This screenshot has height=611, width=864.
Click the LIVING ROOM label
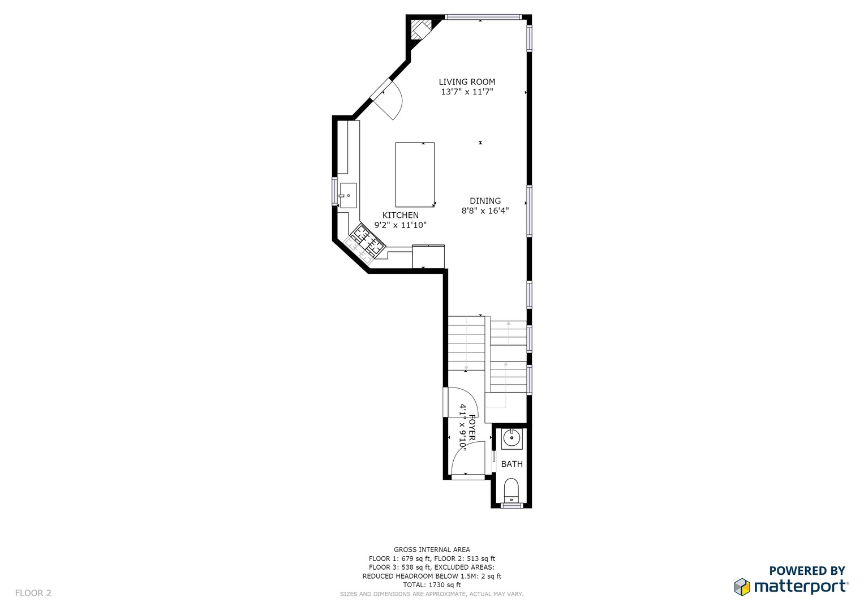[x=467, y=82]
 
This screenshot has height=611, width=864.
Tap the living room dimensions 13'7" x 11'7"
[x=467, y=92]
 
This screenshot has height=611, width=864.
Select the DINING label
[x=485, y=201]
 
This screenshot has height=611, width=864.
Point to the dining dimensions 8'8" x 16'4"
[x=485, y=210]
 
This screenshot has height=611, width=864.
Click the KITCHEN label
[x=401, y=215]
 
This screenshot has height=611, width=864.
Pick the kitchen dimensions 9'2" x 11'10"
[x=401, y=225]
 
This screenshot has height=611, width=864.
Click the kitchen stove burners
[x=367, y=240]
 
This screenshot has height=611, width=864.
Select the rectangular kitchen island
[x=415, y=175]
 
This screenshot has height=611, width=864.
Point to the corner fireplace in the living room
[x=420, y=29]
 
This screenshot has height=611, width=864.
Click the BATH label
[x=512, y=464]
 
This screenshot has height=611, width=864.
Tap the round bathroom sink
[x=512, y=438]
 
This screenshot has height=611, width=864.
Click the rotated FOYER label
[x=472, y=427]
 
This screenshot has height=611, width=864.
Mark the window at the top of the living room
[x=483, y=17]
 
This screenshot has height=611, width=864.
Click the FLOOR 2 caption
[x=33, y=593]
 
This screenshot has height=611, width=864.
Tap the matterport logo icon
[x=742, y=587]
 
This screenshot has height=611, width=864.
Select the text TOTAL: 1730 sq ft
[x=432, y=585]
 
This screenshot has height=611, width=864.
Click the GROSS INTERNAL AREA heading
[x=432, y=550]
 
